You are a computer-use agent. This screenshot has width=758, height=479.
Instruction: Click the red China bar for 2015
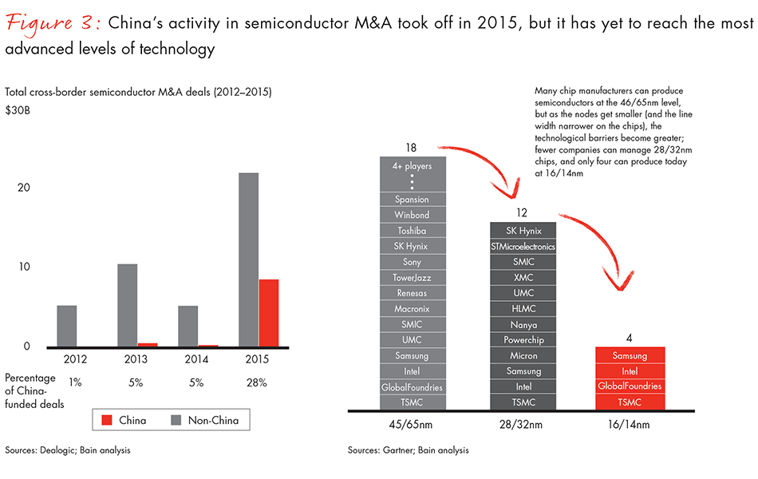[269, 313]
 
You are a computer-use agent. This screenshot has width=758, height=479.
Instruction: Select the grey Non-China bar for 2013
[128, 305]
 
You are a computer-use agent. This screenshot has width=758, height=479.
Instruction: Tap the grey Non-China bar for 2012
[67, 326]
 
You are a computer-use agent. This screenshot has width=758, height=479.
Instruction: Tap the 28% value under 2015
[257, 382]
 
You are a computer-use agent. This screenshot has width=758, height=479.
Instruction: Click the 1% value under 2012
[75, 382]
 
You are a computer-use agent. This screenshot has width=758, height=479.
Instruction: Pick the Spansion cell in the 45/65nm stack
[412, 200]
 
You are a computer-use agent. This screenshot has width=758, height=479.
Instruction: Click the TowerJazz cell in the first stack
[412, 277]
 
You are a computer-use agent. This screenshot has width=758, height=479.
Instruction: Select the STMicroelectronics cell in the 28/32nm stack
[523, 247]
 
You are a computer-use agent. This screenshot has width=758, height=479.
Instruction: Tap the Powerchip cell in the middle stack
[523, 340]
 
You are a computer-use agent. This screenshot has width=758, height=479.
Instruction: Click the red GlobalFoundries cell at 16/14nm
[630, 386]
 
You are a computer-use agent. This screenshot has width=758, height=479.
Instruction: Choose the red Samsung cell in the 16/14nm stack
[630, 355]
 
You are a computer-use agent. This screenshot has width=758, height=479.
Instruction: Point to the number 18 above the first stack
[412, 148]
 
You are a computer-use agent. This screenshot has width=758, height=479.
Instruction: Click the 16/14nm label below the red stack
[630, 422]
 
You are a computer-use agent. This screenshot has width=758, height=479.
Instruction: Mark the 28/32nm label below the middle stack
[523, 422]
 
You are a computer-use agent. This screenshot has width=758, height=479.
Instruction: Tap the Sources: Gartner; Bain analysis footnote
[408, 450]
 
